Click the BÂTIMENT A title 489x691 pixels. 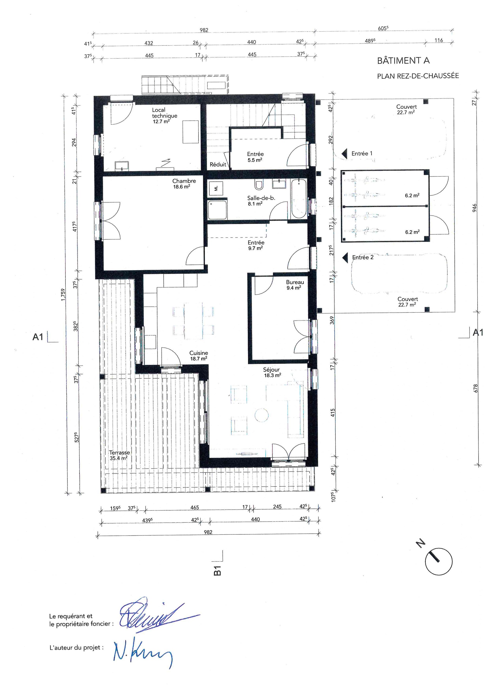click(403, 61)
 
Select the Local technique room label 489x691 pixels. click(164, 116)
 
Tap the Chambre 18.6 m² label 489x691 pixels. click(184, 184)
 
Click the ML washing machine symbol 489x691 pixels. click(216, 188)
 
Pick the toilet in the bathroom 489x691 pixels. click(259, 184)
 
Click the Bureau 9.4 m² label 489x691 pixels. click(295, 285)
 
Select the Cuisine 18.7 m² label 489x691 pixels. click(199, 356)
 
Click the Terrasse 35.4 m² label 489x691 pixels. click(119, 455)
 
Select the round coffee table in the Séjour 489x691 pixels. click(261, 416)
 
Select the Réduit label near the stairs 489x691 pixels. click(218, 165)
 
